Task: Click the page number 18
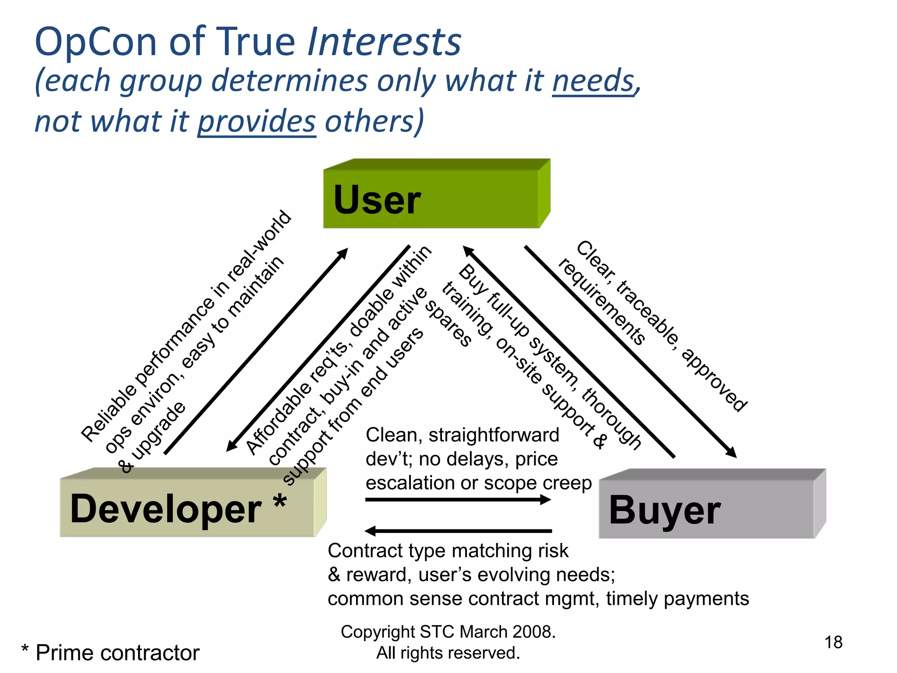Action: (833, 642)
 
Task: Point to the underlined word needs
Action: (593, 81)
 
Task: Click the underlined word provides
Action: (257, 121)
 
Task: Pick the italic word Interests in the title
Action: (385, 42)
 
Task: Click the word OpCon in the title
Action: (95, 42)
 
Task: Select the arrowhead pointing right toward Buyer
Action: (545, 499)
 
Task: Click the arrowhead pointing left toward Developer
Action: (371, 531)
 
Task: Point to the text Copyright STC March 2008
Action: (448, 632)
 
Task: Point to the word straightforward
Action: (494, 435)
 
